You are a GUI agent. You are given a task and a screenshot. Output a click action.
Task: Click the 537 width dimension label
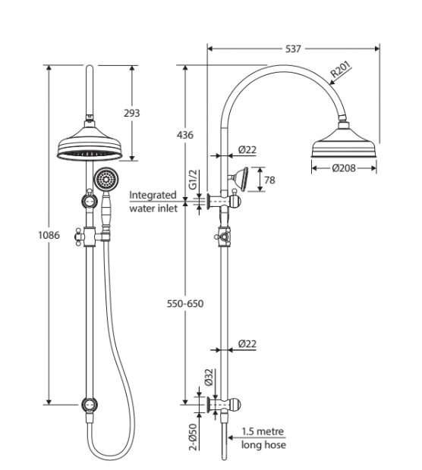(x=293, y=49)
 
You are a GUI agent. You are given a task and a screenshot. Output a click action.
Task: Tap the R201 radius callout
(x=340, y=70)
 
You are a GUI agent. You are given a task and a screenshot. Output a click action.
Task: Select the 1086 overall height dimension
(x=49, y=235)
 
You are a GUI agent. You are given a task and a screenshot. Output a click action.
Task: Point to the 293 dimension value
(x=132, y=113)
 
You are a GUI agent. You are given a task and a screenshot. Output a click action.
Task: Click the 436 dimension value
(x=185, y=135)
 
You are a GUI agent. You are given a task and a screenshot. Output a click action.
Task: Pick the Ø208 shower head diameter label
(x=344, y=168)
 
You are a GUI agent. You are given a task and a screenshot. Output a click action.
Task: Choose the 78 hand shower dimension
(x=269, y=180)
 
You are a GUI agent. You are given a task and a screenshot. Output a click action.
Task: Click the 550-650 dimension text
(x=185, y=304)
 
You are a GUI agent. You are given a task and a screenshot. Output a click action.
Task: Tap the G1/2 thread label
(x=194, y=180)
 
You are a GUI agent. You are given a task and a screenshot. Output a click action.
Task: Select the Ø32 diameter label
(x=209, y=377)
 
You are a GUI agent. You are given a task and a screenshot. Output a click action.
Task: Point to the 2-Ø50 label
(x=194, y=437)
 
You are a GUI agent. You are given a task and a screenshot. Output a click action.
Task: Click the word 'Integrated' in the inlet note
(x=153, y=196)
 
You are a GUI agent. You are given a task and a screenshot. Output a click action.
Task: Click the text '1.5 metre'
(x=263, y=431)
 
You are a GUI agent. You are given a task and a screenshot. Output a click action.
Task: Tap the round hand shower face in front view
(x=106, y=180)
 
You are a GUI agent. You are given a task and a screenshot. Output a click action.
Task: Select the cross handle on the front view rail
(x=80, y=237)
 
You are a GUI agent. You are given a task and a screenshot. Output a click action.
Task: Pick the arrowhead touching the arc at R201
(x=333, y=82)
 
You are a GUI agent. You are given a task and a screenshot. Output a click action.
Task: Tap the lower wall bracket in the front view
(x=89, y=405)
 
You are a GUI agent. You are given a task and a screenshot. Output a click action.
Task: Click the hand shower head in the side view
(x=239, y=179)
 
